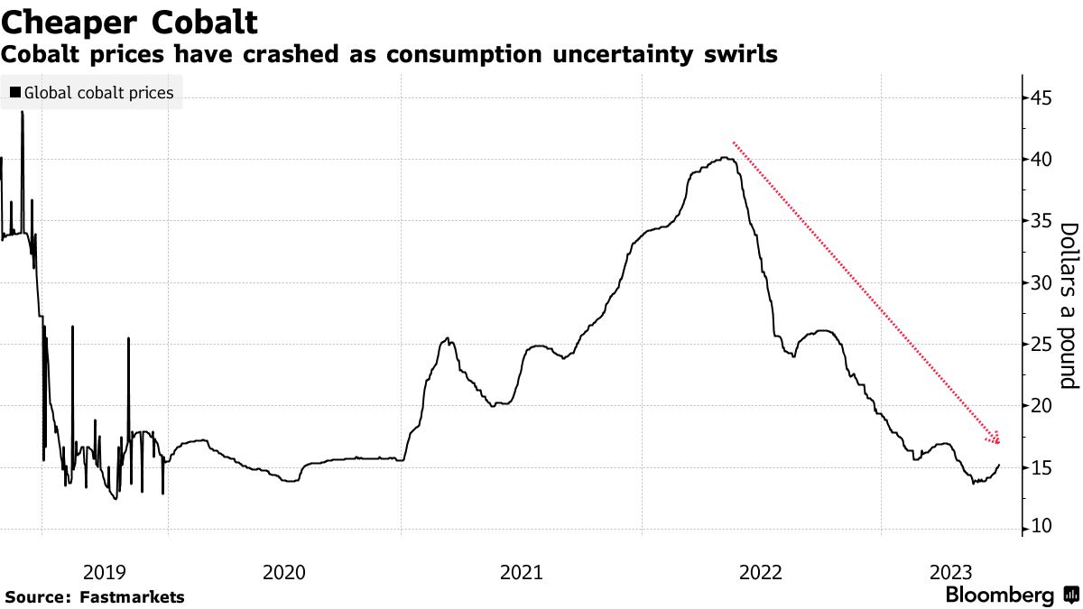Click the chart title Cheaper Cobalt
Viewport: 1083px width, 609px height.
131,21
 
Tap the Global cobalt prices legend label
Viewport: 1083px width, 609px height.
99,92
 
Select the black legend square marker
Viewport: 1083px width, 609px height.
15,92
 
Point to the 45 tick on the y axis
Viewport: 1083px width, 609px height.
1041,97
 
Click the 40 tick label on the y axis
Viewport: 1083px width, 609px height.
1041,159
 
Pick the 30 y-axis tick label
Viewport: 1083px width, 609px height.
1041,282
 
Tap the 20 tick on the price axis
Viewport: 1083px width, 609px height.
1041,406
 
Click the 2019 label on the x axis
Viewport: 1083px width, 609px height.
105,571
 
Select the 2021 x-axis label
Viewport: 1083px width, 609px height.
522,571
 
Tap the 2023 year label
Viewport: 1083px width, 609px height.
950,571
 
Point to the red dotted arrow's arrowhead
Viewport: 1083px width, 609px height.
996,440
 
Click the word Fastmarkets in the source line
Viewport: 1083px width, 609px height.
132,596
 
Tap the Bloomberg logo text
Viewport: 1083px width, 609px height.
1000,595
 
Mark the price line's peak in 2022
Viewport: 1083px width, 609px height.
726,159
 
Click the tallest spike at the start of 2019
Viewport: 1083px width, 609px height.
22,114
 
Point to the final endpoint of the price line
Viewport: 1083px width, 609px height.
999,465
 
